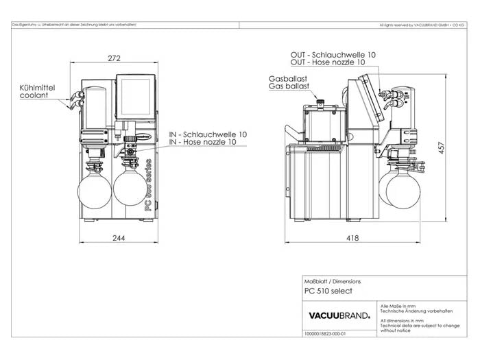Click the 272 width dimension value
(x=116, y=57)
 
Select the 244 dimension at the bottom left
(x=119, y=238)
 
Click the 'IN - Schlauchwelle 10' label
(x=208, y=134)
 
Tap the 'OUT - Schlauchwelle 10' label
(x=333, y=54)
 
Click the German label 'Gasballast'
(x=287, y=79)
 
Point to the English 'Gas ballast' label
(x=289, y=87)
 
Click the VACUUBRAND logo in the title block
(x=340, y=316)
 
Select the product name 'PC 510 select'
(x=328, y=291)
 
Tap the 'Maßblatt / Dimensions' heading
(x=333, y=281)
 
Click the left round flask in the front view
(x=95, y=188)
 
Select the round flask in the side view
(x=403, y=189)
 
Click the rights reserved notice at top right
(x=422, y=25)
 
